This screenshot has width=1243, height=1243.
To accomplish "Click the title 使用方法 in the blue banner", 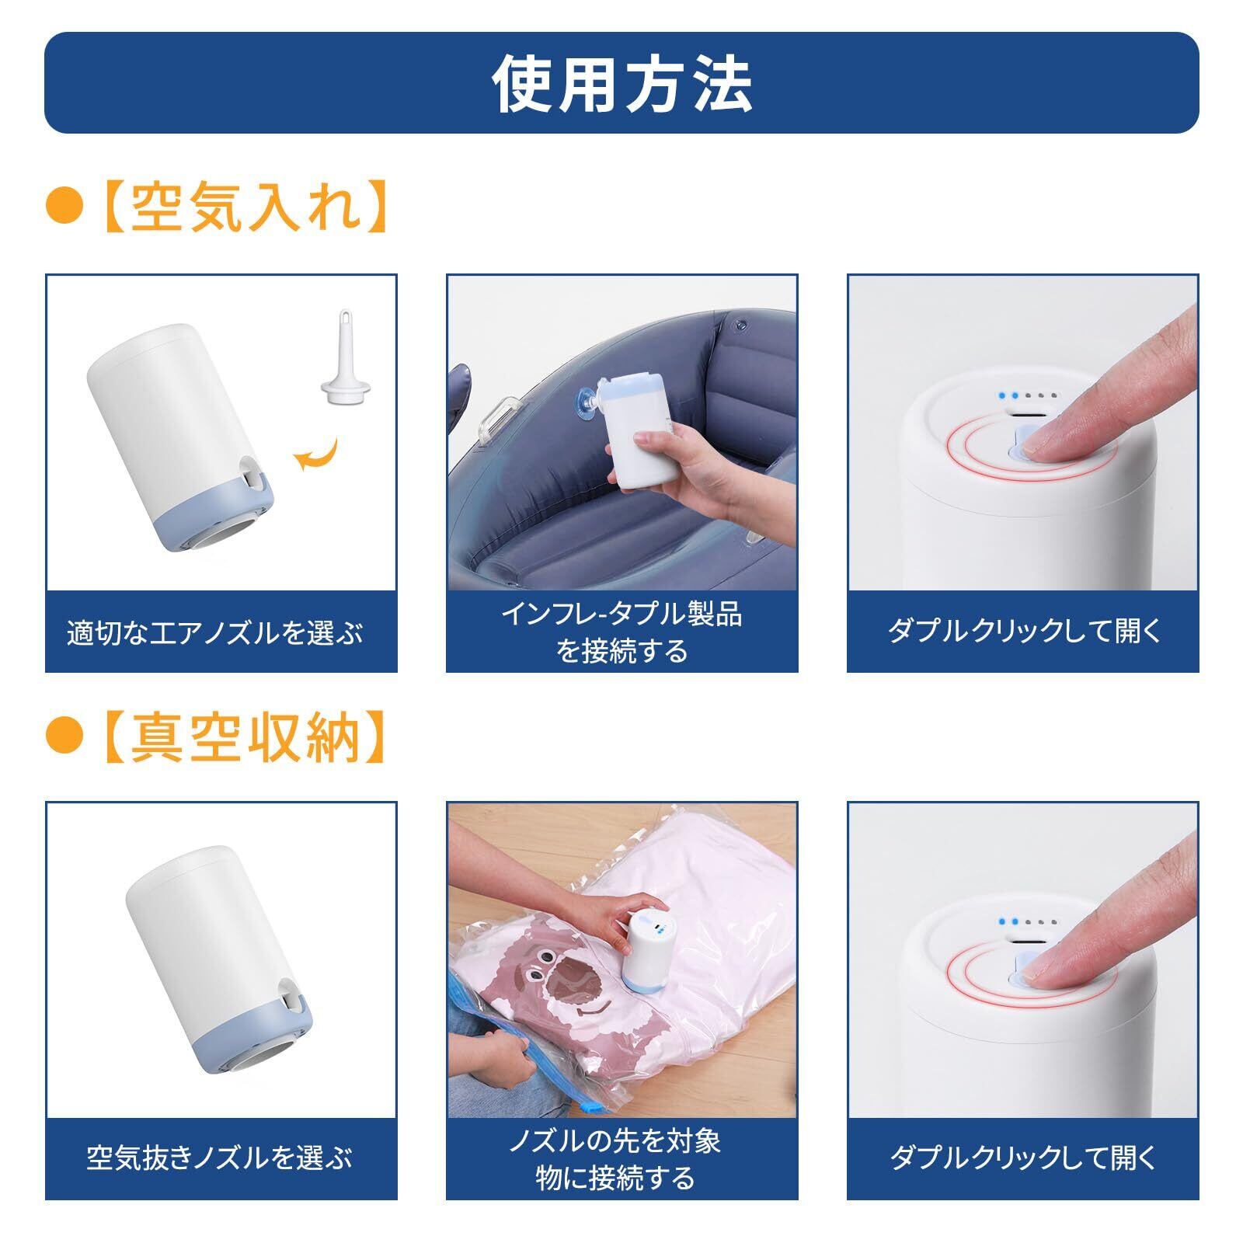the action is pos(621,83).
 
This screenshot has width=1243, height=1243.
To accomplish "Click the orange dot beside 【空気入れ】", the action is pos(64,209).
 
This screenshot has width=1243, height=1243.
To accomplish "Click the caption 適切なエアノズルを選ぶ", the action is pos(215,633).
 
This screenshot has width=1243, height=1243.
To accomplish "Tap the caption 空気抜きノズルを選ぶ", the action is pos(219,1158).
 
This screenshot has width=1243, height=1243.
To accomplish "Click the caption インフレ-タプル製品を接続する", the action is pos(621,632).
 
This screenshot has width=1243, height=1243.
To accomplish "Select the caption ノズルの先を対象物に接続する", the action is pos(615,1160).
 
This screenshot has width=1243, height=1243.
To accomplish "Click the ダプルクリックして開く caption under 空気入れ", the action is pos(1025,630).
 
